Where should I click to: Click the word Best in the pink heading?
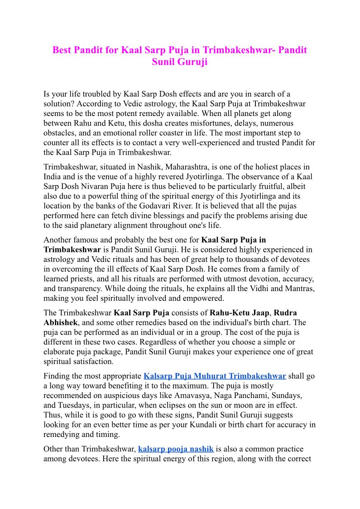point(62,50)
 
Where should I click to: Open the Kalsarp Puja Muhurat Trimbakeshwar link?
point(215,376)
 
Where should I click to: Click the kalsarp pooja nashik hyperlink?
point(176,449)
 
